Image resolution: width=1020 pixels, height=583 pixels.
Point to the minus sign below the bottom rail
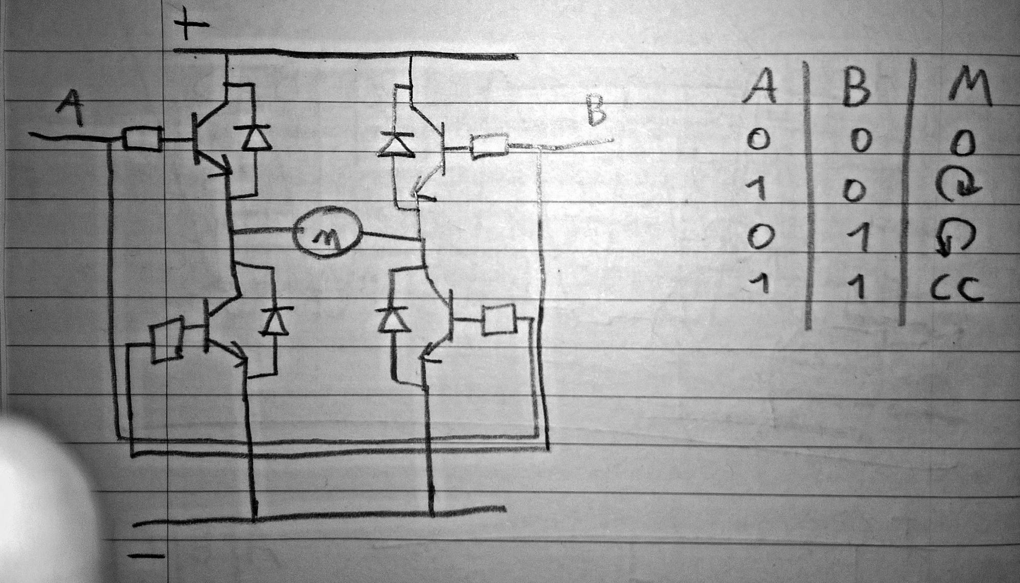[145, 556]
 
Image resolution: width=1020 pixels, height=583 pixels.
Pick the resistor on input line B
[490, 147]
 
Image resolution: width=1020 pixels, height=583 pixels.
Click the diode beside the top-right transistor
[396, 144]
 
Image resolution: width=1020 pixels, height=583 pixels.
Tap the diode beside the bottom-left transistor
[276, 322]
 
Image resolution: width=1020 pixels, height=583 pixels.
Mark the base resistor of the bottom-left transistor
[167, 340]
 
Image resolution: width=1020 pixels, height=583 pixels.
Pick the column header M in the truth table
[968, 90]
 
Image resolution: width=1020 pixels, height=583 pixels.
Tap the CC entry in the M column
[956, 290]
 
